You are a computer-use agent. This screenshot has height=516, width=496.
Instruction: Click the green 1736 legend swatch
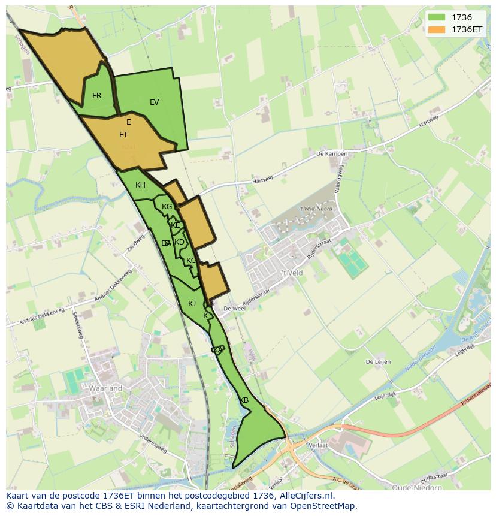[x=437, y=18]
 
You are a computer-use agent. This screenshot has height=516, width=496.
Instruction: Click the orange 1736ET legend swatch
[x=437, y=29]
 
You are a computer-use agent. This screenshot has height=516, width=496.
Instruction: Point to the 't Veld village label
[x=293, y=273]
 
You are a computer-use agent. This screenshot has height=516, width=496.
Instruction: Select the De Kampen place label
[x=331, y=154]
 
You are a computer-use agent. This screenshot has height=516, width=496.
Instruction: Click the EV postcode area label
[x=154, y=102]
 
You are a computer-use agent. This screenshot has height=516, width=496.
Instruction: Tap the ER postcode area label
[x=96, y=96]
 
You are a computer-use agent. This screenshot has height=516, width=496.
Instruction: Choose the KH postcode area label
[x=140, y=185]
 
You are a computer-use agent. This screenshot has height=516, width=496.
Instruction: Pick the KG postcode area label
[x=167, y=207]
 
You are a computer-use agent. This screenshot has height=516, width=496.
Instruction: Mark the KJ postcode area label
[x=192, y=304]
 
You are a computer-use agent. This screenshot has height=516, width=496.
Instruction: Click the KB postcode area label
[x=244, y=400]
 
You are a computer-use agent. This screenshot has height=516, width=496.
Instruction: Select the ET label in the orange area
[x=123, y=135]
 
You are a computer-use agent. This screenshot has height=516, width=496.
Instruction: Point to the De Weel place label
[x=234, y=309]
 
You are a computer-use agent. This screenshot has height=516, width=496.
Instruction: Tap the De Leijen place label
[x=378, y=362]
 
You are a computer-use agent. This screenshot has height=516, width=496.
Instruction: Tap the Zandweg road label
[x=135, y=243]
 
